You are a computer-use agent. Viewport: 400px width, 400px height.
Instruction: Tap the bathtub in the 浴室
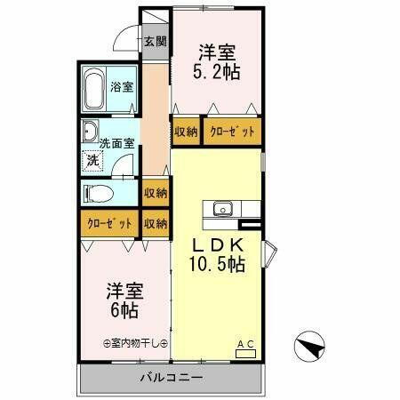coord(95,89)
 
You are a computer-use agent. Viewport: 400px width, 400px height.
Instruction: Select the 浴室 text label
coord(122,87)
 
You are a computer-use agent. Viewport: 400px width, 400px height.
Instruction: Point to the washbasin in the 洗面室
coord(91,133)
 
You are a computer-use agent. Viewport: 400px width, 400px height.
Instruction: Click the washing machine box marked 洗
coord(92,161)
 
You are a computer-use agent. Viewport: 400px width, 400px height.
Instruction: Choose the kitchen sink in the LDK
coord(222,210)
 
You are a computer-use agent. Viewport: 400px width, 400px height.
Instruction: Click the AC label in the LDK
coord(244,343)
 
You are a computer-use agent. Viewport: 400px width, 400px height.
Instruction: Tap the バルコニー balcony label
coord(172,378)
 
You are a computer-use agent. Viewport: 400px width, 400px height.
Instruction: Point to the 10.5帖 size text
coord(216,263)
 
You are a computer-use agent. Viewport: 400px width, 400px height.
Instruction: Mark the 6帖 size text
coord(124,310)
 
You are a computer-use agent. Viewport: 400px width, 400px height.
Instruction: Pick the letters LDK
coord(216,243)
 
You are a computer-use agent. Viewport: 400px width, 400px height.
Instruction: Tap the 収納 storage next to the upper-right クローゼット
coord(186,132)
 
